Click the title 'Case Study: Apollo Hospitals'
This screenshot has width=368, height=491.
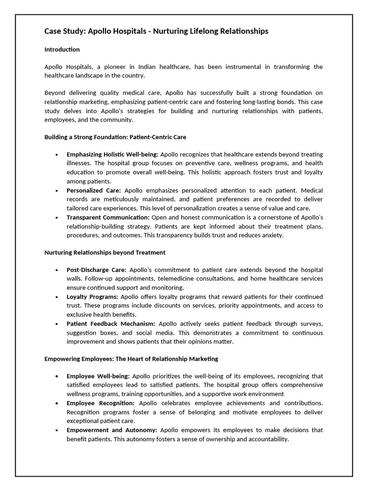(156, 31)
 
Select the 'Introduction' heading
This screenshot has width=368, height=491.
(62, 49)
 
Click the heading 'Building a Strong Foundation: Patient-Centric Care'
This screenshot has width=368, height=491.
(115, 137)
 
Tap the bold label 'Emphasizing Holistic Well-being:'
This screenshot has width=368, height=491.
(113, 154)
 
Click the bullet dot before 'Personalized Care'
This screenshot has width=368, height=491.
(57, 190)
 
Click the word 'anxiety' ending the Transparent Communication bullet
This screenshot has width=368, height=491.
(274, 235)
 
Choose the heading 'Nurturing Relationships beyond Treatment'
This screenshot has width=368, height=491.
(105, 252)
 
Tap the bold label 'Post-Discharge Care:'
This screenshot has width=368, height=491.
(96, 270)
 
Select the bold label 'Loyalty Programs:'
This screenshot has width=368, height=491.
(92, 297)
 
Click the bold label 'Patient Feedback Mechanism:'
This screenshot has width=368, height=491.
(111, 324)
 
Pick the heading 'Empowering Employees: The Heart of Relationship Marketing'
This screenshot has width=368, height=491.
(131, 359)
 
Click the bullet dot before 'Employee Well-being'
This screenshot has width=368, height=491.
(57, 376)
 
